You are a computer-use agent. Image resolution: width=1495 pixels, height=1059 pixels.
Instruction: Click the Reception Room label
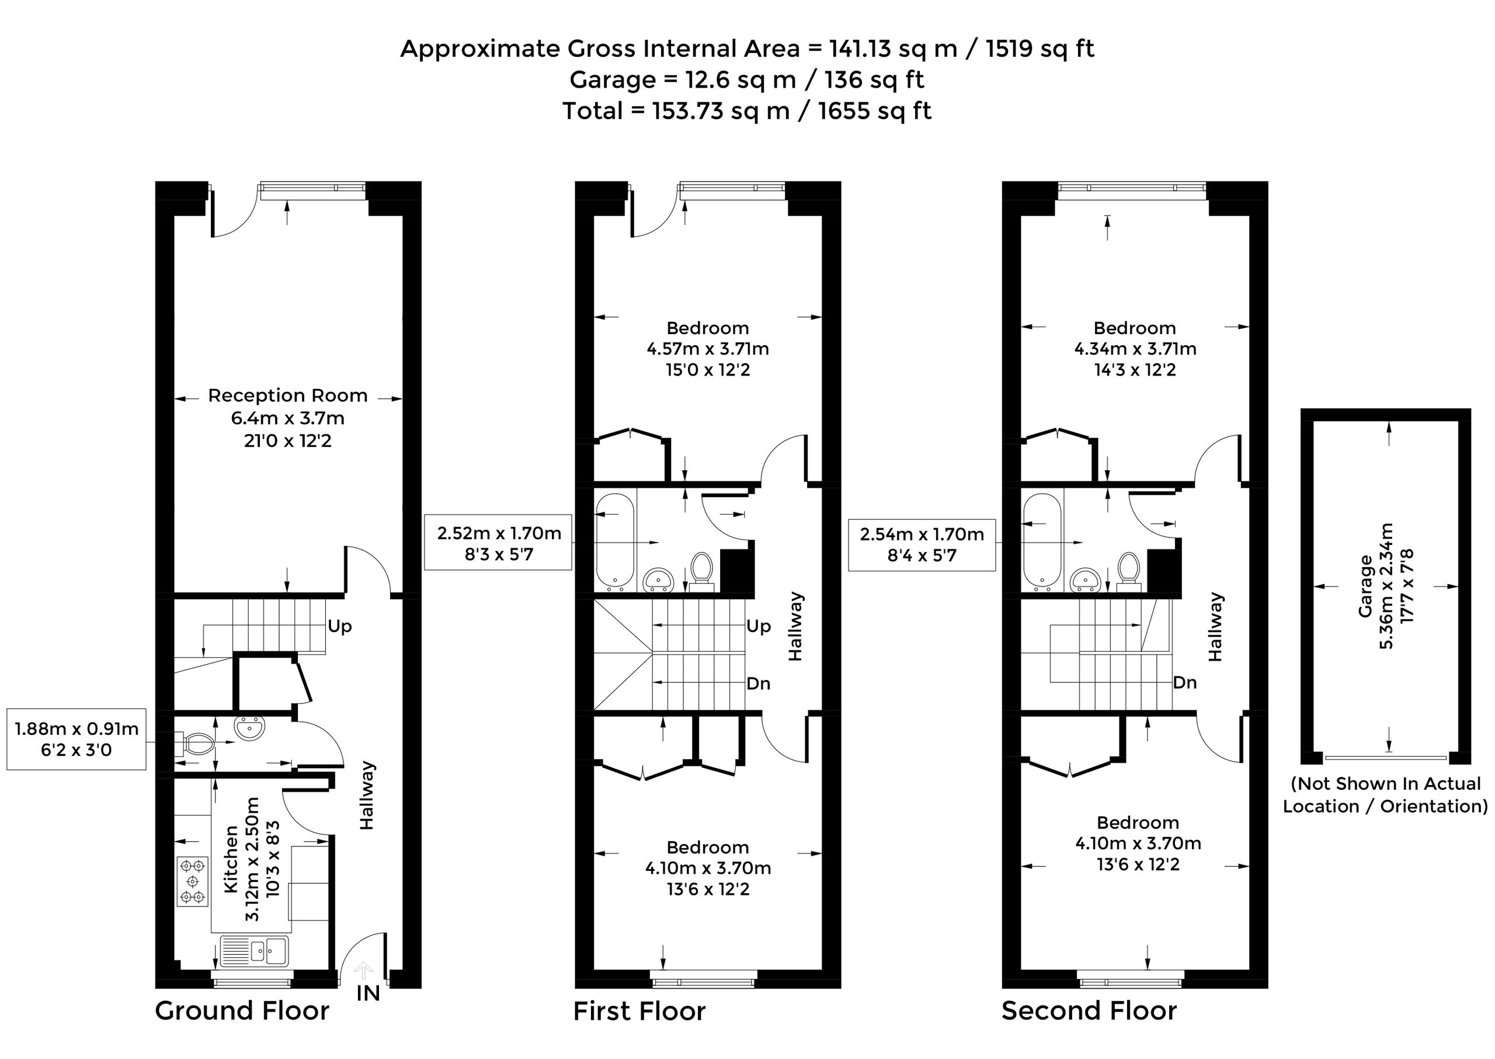[287, 396]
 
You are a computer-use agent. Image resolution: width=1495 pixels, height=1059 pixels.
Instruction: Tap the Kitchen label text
[231, 859]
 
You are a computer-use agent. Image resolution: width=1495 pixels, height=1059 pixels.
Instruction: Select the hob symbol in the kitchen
[192, 881]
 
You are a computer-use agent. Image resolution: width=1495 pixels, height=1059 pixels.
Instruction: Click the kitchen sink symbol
[254, 951]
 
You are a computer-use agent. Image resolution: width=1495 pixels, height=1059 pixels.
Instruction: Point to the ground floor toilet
[196, 743]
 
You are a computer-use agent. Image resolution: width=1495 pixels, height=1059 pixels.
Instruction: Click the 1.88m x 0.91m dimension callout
[77, 739]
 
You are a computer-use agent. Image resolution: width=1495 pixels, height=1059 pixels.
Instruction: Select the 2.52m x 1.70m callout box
[499, 543]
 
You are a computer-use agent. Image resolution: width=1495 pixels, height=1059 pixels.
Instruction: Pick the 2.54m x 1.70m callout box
[922, 544]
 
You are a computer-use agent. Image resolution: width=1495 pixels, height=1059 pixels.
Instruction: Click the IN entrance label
[368, 993]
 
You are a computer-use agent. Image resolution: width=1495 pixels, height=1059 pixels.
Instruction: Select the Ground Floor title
[242, 1011]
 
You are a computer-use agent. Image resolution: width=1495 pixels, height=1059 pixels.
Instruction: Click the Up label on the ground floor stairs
[340, 626]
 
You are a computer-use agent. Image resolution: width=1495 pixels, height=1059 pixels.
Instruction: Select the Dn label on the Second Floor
[1185, 683]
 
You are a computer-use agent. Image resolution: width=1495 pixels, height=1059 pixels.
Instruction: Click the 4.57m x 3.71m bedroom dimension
[708, 349]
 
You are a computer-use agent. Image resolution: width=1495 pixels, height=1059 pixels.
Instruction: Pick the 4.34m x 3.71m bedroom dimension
[1136, 349]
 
